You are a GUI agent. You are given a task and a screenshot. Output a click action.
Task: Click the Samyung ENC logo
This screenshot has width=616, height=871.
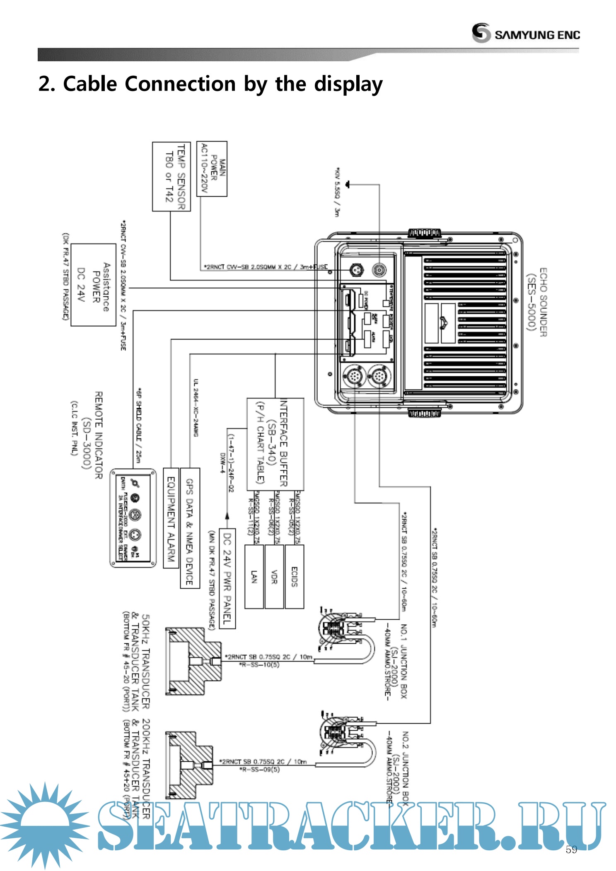point(525,33)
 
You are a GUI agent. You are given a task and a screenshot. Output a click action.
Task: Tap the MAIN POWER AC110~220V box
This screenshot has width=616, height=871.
point(212,168)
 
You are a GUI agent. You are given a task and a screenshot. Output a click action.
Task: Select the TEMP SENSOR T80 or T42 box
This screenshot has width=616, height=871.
point(172,177)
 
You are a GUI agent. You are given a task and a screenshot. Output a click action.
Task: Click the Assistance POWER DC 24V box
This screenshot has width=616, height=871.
point(93,285)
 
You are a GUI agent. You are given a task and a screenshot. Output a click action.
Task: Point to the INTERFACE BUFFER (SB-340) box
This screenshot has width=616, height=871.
point(275,444)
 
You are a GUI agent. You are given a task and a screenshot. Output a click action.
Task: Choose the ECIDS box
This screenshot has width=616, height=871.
point(295,577)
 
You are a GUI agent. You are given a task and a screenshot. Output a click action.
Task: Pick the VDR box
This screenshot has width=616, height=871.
point(274,577)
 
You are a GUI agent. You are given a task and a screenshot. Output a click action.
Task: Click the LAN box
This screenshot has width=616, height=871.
point(254,577)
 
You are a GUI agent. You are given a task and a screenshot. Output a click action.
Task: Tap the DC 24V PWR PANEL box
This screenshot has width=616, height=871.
point(227,578)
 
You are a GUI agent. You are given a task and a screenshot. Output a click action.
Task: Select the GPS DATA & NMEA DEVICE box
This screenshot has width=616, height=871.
point(190,528)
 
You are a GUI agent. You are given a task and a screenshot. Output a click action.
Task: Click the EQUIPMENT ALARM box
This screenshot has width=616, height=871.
point(171,518)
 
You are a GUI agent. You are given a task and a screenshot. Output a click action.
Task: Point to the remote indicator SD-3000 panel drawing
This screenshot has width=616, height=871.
point(133,518)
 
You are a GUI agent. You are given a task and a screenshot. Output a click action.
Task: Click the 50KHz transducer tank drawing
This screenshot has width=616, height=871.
point(193,661)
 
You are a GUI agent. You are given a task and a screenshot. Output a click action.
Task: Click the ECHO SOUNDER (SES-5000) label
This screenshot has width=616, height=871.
point(537,302)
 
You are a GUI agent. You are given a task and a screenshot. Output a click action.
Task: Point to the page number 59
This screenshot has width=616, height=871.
point(571,849)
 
